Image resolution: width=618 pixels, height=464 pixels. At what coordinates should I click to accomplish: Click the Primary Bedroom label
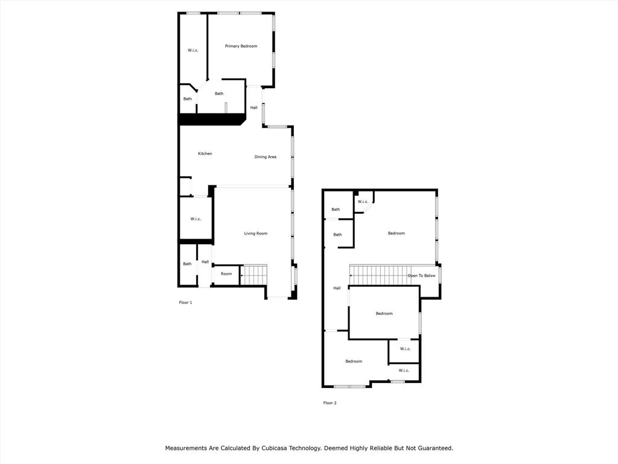click(x=241, y=46)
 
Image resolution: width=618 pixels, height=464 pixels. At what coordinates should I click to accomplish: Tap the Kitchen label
click(x=205, y=153)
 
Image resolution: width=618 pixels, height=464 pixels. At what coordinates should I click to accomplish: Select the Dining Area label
click(x=266, y=156)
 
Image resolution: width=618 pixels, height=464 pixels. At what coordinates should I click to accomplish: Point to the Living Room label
click(x=255, y=233)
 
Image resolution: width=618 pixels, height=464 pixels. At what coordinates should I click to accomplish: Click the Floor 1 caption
click(x=185, y=303)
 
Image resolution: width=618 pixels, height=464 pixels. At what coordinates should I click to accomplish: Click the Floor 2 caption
click(x=330, y=403)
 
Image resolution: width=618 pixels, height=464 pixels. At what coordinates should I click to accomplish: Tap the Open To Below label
click(x=421, y=275)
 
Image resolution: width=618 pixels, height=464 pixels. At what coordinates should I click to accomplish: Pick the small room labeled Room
click(x=226, y=274)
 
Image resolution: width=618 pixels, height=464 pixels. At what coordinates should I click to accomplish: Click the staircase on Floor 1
click(x=253, y=275)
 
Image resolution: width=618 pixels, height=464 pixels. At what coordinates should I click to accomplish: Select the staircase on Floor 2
click(x=378, y=275)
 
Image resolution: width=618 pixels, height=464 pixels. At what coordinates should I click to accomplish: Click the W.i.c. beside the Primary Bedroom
click(x=193, y=50)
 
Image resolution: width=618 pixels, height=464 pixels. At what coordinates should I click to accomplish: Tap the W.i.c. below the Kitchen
click(x=196, y=219)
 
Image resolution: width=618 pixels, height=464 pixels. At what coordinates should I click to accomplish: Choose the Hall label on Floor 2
click(x=337, y=288)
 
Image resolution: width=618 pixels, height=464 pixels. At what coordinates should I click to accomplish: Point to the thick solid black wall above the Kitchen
click(x=212, y=119)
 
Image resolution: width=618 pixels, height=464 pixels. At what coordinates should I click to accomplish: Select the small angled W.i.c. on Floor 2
click(x=363, y=202)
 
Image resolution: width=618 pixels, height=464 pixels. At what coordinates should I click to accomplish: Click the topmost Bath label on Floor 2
click(x=336, y=210)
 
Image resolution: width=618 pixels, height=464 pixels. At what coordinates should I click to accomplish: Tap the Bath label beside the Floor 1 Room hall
click(x=187, y=264)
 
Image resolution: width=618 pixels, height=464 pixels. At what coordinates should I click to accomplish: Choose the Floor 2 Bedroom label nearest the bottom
click(x=354, y=361)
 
